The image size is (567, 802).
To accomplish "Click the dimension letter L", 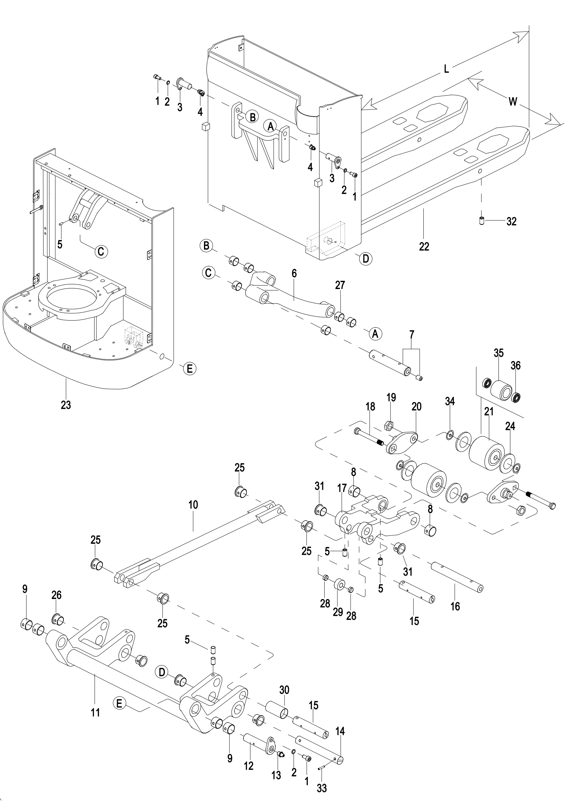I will (x=446, y=69).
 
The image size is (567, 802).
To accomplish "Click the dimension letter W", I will (x=512, y=101).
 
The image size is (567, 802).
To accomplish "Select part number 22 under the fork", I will (x=424, y=247).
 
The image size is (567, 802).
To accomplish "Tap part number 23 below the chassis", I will (x=65, y=405).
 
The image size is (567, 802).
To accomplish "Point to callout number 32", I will (x=511, y=222).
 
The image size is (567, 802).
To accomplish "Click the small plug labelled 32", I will (x=482, y=221).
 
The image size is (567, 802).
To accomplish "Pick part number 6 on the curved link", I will (x=294, y=274).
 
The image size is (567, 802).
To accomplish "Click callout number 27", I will (x=340, y=285).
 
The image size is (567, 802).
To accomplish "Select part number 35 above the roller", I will (x=498, y=353).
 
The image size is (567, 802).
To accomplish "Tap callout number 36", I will (x=516, y=366).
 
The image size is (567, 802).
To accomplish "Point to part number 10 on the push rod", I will (x=193, y=505).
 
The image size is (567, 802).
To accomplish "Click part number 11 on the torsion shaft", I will (x=95, y=713).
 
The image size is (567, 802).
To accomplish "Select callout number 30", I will (x=284, y=690).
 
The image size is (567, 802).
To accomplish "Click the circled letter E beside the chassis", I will (x=190, y=369).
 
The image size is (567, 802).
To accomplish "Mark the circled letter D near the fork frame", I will (x=365, y=259).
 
